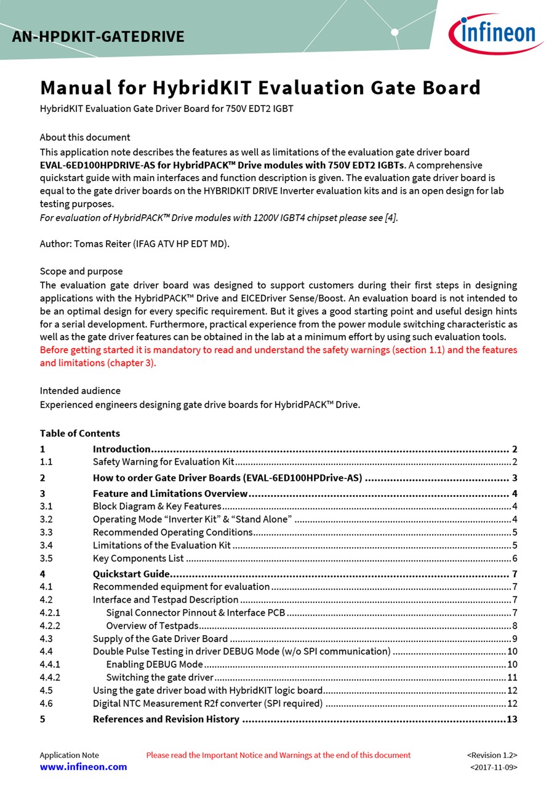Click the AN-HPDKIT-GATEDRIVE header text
pyautogui.click(x=98, y=37)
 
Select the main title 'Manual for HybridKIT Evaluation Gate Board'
pyautogui.click(x=260, y=88)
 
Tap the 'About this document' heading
pyautogui.click(x=85, y=137)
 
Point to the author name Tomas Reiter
pyautogui.click(x=102, y=244)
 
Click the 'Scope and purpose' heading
pyautogui.click(x=81, y=271)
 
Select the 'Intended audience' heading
pyautogui.click(x=80, y=391)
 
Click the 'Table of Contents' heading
pyautogui.click(x=80, y=433)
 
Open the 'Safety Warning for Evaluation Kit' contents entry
pyautogui.click(x=163, y=462)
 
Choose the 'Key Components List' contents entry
pyautogui.click(x=138, y=559)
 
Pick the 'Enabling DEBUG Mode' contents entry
pyautogui.click(x=154, y=664)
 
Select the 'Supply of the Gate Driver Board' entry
pyautogui.click(x=160, y=639)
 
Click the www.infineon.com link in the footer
pyautogui.click(x=83, y=767)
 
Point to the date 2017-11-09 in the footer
pyautogui.click(x=493, y=768)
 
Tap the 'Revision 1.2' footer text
pyautogui.click(x=492, y=755)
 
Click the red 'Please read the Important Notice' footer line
pyautogui.click(x=278, y=755)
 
